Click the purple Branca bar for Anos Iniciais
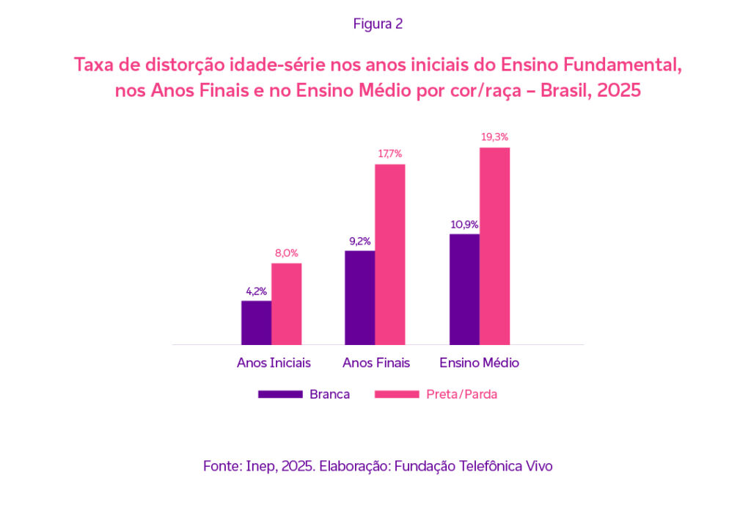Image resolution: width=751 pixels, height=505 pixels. (x=256, y=322)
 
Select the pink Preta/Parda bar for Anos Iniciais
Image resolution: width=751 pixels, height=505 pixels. (x=286, y=303)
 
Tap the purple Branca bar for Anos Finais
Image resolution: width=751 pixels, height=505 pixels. (x=360, y=297)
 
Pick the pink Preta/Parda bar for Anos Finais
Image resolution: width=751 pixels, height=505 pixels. (x=390, y=254)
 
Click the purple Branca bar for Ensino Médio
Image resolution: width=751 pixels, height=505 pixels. (x=464, y=289)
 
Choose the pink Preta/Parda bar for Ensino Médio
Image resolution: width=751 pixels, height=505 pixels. (x=494, y=246)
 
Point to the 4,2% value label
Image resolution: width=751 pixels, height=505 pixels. (x=256, y=291)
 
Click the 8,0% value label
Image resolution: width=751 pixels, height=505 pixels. (x=286, y=253)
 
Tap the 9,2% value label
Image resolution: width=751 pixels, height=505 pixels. (x=360, y=241)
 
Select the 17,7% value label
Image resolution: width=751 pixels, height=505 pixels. (x=390, y=154)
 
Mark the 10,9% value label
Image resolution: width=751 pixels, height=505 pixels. (x=464, y=224)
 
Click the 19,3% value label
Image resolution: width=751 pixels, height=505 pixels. (x=494, y=137)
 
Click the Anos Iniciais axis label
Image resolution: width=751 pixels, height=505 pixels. (x=274, y=363)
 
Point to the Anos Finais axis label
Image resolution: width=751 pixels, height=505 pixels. (x=376, y=363)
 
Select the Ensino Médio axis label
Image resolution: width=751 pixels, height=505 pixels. (x=480, y=363)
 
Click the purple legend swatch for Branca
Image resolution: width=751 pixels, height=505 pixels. (x=280, y=394)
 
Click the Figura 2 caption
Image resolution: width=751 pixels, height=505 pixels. (x=378, y=23)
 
